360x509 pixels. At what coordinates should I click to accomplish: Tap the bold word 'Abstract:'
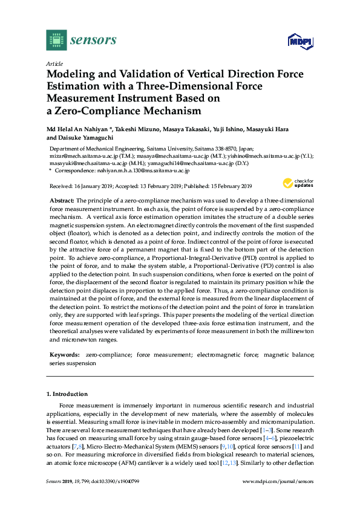[61, 199]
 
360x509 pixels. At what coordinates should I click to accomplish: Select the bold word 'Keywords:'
[64, 355]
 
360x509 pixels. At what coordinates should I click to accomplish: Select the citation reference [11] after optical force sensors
[297, 446]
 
